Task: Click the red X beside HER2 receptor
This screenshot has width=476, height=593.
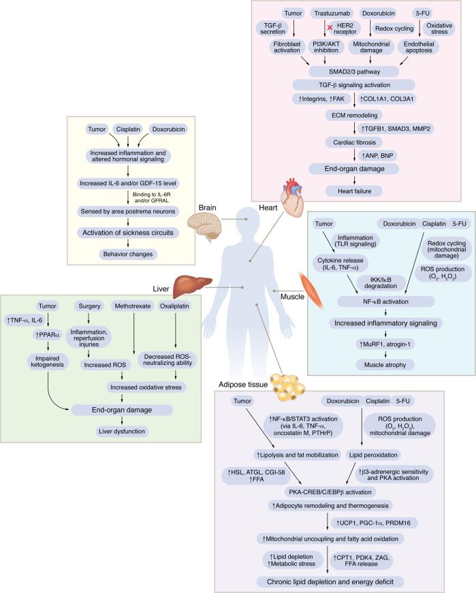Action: pyautogui.click(x=330, y=28)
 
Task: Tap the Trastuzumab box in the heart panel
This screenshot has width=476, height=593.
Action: pyautogui.click(x=332, y=13)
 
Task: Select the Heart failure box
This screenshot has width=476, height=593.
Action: pyautogui.click(x=355, y=191)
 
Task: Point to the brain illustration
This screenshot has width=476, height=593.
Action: pyautogui.click(x=205, y=226)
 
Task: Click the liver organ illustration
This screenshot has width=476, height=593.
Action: pyautogui.click(x=192, y=286)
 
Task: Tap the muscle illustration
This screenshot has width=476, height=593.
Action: pyautogui.click(x=311, y=290)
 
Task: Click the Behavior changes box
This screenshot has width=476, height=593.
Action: pyautogui.click(x=128, y=254)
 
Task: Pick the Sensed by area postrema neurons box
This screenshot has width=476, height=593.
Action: pyautogui.click(x=128, y=212)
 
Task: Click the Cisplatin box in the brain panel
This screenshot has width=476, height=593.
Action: pyautogui.click(x=128, y=129)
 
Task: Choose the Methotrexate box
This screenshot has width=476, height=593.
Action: pyautogui.click(x=132, y=306)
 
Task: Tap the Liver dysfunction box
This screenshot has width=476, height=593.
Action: pyautogui.click(x=122, y=431)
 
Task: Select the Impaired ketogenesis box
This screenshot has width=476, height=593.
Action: pyautogui.click(x=47, y=361)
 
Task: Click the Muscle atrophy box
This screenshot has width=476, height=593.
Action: pyautogui.click(x=385, y=364)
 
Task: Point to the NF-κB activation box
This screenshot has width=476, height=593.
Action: pyautogui.click(x=385, y=302)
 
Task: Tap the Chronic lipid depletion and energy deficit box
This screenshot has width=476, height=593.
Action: pyautogui.click(x=330, y=581)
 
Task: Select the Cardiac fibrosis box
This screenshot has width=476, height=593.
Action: pyautogui.click(x=355, y=142)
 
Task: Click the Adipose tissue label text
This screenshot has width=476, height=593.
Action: pyautogui.click(x=243, y=385)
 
